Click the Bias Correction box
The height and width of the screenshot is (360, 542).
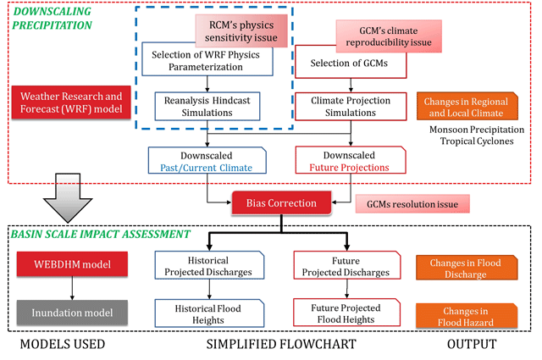[281, 203]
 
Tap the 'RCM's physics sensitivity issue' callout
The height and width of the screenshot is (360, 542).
[241, 31]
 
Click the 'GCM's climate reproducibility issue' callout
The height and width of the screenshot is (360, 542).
[389, 36]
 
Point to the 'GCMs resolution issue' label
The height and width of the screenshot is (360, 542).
[412, 204]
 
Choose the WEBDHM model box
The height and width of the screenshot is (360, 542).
[72, 264]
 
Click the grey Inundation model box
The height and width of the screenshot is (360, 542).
[72, 313]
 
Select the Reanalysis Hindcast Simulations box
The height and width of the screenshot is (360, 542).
[207, 106]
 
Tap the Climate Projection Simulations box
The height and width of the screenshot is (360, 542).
[351, 106]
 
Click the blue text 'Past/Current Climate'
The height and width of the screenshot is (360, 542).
[207, 168]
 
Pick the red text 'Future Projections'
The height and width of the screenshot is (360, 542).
[349, 168]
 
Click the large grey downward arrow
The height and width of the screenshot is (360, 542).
[68, 198]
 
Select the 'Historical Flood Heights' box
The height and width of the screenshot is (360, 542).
[209, 313]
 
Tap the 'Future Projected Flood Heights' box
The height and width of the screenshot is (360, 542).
[346, 313]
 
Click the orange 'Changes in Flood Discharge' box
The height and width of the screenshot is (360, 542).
[467, 268]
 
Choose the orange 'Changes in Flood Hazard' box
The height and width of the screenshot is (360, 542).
[467, 316]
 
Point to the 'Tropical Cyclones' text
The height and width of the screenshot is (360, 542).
[477, 141]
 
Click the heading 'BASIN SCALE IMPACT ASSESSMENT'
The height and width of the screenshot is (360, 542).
[100, 234]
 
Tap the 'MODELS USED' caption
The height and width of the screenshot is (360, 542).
[63, 345]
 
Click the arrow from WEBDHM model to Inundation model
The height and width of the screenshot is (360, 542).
[72, 288]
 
